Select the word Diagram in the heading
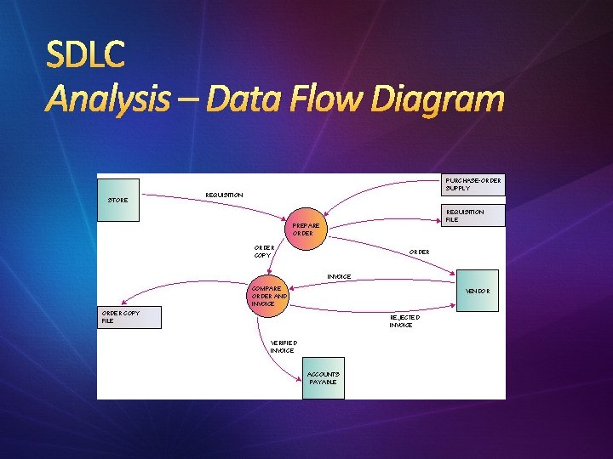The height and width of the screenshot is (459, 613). (441, 100)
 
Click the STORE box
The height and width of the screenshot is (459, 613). (118, 200)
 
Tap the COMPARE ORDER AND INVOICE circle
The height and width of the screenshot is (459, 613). (268, 296)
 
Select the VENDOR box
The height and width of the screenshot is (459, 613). (479, 292)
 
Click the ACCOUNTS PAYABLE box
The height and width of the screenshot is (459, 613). (324, 378)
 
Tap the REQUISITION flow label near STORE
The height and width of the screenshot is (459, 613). (224, 195)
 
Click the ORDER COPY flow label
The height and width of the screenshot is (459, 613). (263, 251)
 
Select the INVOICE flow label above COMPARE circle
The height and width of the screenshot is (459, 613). (339, 276)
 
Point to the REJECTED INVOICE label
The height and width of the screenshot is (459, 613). (401, 320)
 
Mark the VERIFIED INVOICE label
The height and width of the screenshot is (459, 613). (282, 346)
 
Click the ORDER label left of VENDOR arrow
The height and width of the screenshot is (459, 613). (419, 252)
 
